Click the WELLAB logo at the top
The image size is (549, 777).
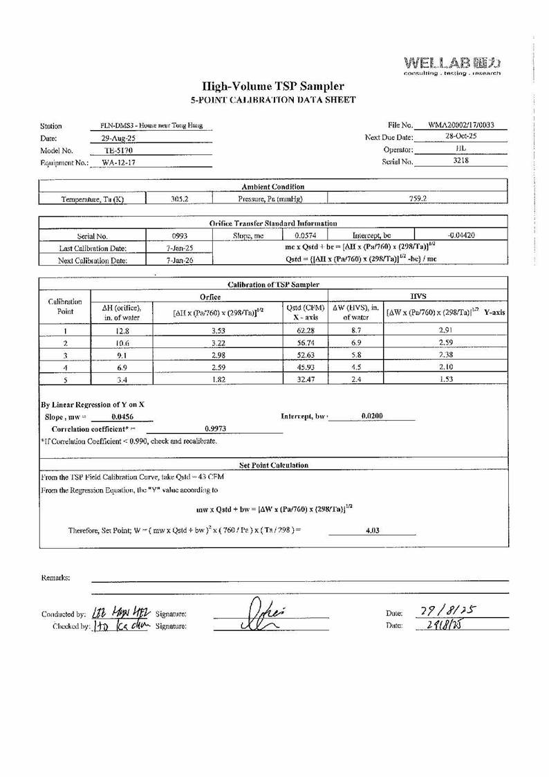452,64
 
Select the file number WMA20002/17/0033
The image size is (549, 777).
460,125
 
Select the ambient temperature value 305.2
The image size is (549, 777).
180,199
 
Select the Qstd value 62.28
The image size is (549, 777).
305,331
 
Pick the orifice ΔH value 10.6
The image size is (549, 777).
122,344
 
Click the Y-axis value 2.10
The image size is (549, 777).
445,368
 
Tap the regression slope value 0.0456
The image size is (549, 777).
122,417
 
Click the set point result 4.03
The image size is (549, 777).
372,531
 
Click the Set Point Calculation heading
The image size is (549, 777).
274,465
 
